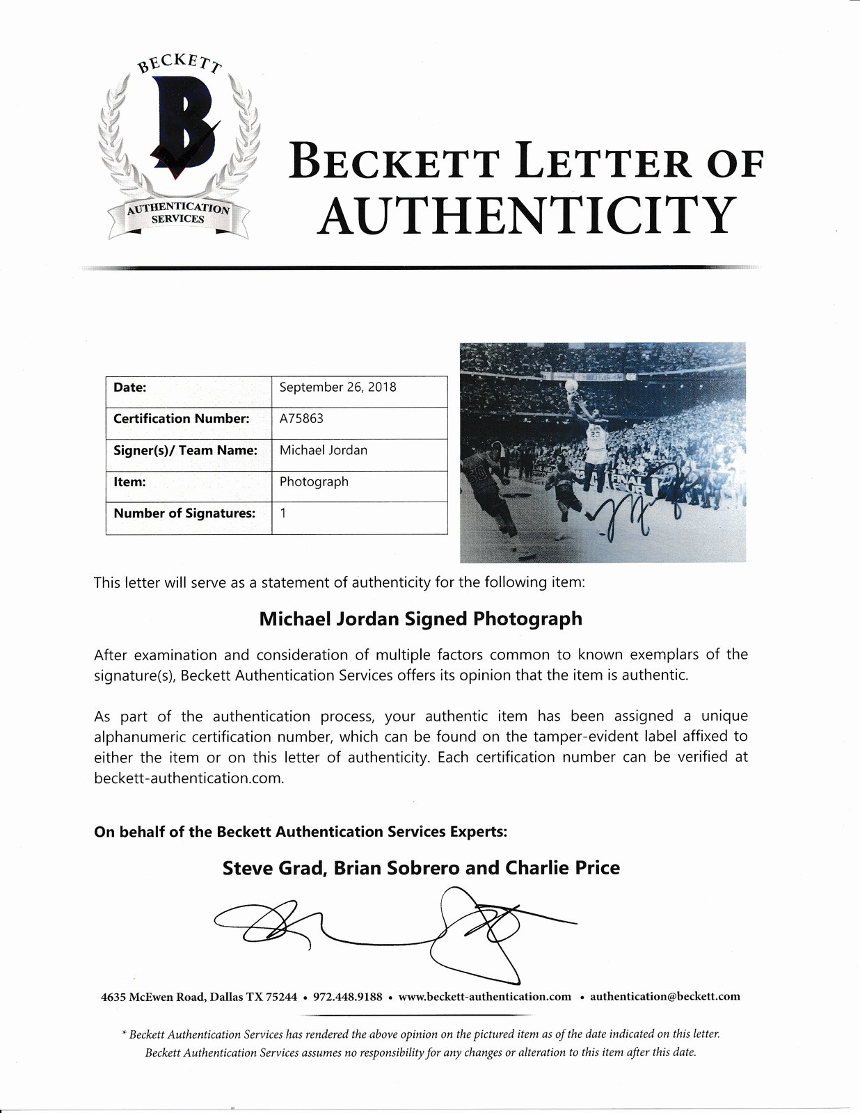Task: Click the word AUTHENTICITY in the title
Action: click(x=527, y=215)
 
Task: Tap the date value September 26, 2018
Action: click(x=337, y=387)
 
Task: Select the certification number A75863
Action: click(x=301, y=419)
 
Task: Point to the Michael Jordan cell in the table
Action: click(x=323, y=450)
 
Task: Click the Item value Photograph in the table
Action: click(x=314, y=481)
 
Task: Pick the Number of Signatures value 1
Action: click(x=283, y=513)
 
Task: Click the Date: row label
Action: click(x=130, y=387)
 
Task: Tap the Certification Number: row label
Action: click(x=181, y=419)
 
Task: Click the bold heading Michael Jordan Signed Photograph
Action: click(x=420, y=618)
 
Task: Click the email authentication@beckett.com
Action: click(x=664, y=996)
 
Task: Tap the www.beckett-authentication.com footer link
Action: click(x=485, y=996)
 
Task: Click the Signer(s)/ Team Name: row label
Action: click(x=185, y=450)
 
